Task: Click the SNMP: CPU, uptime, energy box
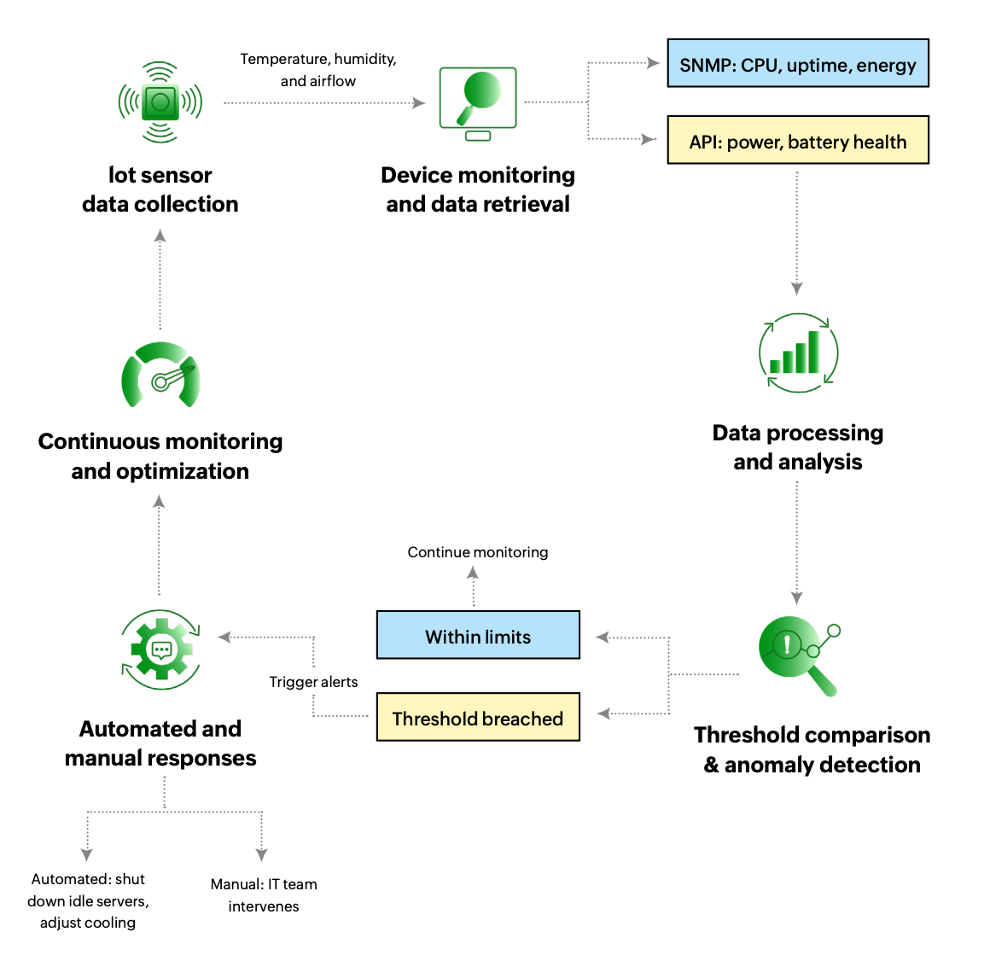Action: (797, 64)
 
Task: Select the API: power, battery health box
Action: (797, 141)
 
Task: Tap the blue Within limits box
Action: (478, 636)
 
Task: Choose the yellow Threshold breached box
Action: (478, 718)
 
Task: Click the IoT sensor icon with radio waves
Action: (160, 102)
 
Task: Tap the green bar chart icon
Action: (798, 352)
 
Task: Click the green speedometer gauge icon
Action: (160, 376)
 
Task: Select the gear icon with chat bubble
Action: (160, 649)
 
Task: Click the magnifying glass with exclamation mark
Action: (798, 653)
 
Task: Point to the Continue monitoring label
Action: (478, 552)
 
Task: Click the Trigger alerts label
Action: (313, 682)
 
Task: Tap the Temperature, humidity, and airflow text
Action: (317, 70)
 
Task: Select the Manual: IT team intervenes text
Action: (264, 895)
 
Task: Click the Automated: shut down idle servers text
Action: (88, 900)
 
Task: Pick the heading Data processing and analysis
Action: (798, 447)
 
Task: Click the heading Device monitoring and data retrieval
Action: (478, 189)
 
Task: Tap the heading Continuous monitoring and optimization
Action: (160, 456)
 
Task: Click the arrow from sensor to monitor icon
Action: (324, 103)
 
